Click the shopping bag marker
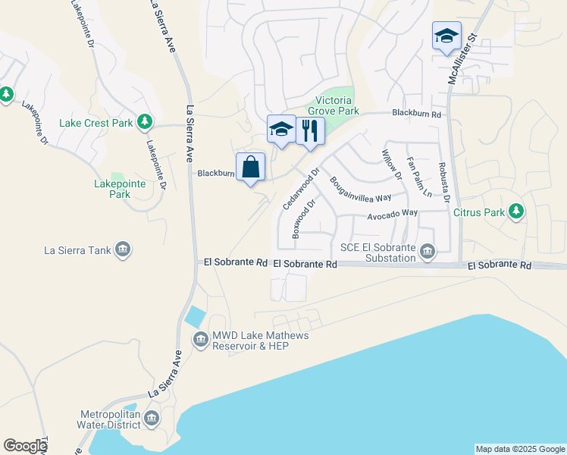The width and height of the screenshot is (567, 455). click(251, 167)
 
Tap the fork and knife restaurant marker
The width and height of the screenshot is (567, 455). click(310, 130)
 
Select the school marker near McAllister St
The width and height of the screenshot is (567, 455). click(446, 36)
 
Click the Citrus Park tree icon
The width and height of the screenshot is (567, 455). click(516, 212)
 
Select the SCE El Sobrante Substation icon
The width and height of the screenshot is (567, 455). click(428, 251)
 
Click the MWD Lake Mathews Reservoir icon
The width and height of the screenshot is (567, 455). click(201, 339)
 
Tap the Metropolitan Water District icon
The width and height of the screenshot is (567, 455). click(152, 418)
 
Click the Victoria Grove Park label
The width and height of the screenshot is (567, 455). click(333, 105)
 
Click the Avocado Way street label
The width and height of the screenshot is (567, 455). click(393, 214)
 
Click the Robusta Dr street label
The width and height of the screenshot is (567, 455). click(443, 182)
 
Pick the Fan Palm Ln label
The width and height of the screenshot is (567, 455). click(418, 175)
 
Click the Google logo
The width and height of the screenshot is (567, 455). click(25, 446)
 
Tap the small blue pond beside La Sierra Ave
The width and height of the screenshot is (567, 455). click(196, 316)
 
